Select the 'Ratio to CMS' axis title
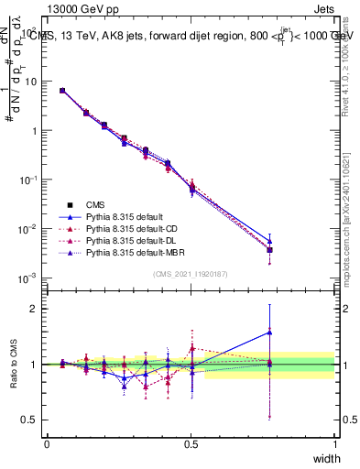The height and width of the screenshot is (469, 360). [x=13, y=364]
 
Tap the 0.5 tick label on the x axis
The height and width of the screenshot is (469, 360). [x=191, y=443]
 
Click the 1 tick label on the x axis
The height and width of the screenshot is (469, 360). [x=335, y=443]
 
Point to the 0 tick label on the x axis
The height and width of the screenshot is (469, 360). [x=48, y=443]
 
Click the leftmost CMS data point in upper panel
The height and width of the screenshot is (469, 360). [x=61, y=91]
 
